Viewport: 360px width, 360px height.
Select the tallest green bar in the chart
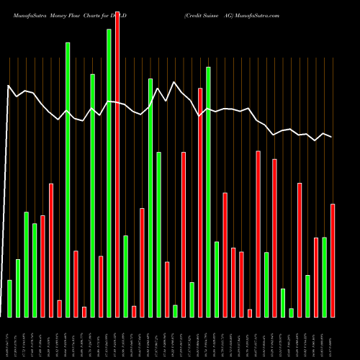109,173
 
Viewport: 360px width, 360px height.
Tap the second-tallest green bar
68,180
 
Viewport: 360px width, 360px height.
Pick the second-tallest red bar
200,202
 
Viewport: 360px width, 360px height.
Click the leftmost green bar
9,298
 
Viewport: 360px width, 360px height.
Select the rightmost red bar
333,260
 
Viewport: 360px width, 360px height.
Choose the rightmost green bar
324,276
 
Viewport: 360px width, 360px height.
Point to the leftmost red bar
42,266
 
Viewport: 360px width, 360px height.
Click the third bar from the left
26,264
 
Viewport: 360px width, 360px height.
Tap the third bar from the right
316,277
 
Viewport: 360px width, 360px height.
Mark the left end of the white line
8,86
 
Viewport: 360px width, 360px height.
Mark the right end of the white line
332,137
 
